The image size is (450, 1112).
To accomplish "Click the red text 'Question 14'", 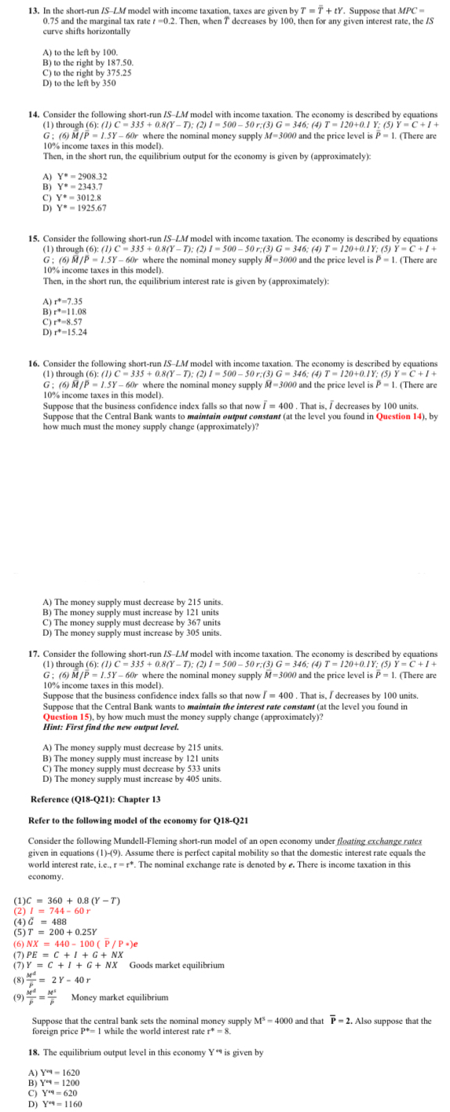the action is click(401, 416).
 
